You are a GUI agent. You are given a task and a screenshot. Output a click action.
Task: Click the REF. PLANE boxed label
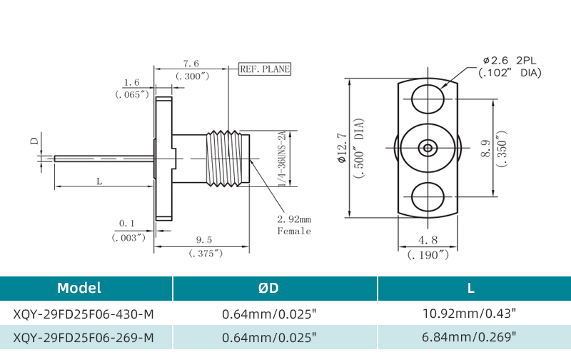click(266, 69)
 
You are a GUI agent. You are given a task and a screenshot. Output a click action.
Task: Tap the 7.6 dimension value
click(191, 64)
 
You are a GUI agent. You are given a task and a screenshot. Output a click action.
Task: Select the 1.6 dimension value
click(131, 83)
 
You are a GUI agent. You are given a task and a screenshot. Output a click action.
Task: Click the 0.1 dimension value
click(128, 224)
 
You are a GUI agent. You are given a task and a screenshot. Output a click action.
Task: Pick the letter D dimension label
click(34, 141)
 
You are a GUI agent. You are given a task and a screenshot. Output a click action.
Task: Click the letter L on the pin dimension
click(99, 182)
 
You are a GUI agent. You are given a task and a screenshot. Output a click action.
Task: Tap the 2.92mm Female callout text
click(294, 224)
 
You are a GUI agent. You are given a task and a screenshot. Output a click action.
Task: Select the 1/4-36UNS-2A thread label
click(281, 159)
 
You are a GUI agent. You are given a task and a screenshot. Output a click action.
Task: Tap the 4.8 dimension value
click(428, 240)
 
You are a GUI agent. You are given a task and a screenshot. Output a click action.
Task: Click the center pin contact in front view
click(428, 148)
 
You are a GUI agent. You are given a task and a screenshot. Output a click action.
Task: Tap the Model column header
click(79, 289)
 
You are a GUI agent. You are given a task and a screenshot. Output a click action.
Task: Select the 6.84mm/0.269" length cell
click(470, 337)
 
